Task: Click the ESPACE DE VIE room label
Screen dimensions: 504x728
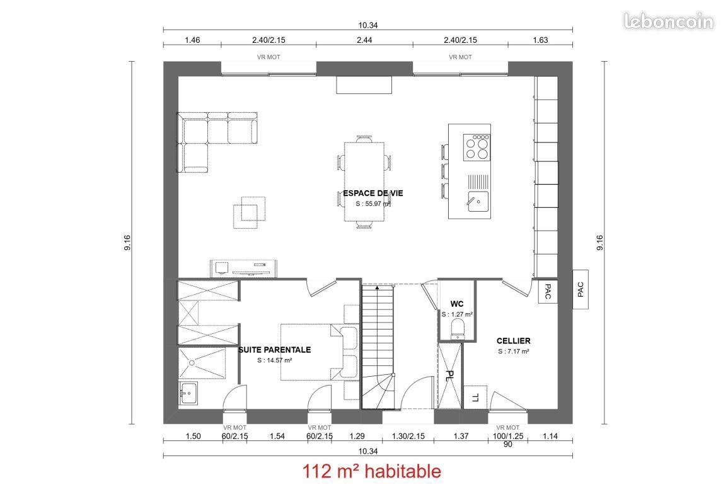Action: coord(365,193)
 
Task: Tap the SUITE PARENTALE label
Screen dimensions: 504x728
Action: coord(274,350)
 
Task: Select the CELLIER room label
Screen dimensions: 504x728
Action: coord(513,341)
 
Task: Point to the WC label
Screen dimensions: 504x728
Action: coord(457,304)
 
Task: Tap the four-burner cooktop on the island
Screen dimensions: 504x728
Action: coord(477,147)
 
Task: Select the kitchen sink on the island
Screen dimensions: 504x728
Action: coord(477,202)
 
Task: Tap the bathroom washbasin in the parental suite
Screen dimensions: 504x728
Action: coord(188,394)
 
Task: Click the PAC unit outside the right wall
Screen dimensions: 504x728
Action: coord(581,289)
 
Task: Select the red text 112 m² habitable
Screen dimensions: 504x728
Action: coord(372,471)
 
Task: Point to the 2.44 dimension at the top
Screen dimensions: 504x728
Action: coord(364,40)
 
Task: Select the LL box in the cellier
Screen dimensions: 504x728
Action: coord(475,397)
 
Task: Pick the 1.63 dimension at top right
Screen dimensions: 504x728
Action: coord(540,40)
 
